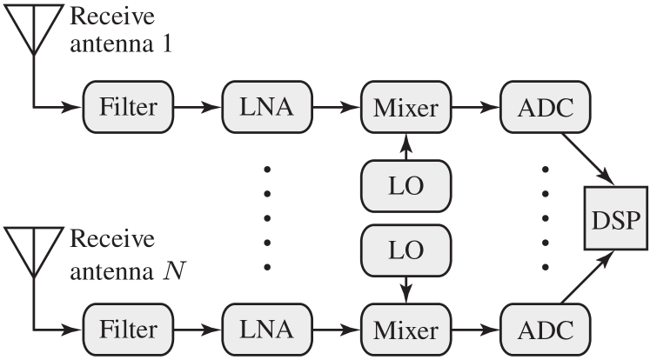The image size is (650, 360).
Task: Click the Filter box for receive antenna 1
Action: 128,108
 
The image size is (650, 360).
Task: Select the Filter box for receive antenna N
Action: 128,330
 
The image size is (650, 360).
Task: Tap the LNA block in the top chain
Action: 266,108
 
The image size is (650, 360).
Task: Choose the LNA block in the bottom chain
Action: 266,330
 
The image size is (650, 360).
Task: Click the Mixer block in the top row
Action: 405,108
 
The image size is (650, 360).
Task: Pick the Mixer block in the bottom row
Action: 405,330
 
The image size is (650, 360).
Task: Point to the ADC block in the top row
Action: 545,108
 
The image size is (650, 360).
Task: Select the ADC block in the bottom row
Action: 545,330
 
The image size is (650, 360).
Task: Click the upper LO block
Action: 405,185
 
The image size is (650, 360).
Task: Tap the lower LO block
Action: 405,250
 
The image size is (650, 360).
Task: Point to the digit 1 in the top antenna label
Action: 167,43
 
